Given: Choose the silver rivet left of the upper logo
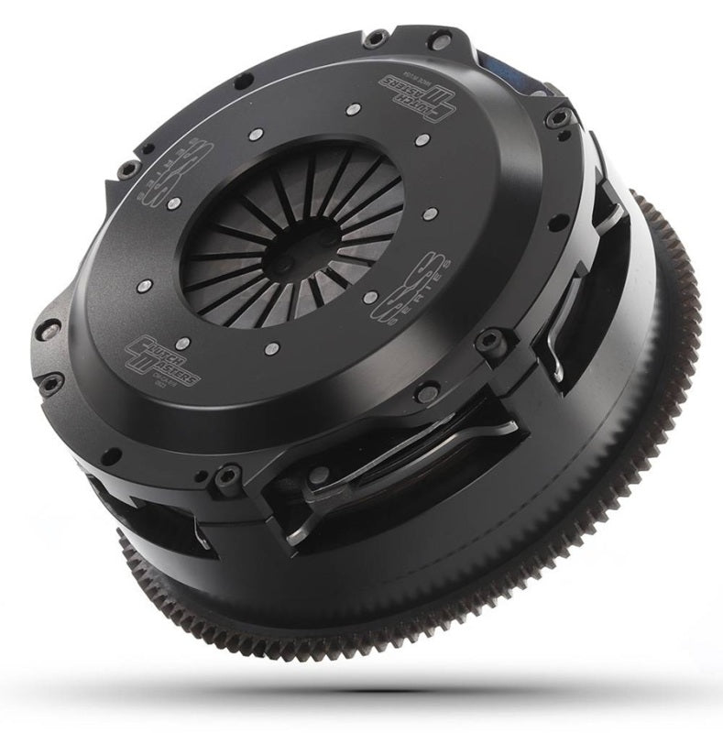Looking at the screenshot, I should [x=351, y=112].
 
